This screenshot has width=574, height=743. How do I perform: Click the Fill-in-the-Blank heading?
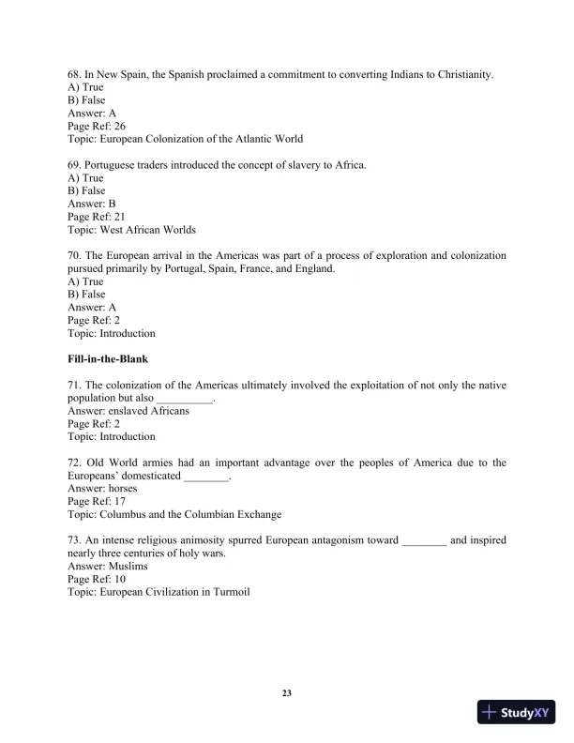tap(108, 359)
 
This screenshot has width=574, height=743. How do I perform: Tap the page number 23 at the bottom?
tap(287, 693)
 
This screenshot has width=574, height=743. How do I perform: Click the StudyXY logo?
tap(517, 712)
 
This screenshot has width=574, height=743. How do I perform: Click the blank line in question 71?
tap(185, 399)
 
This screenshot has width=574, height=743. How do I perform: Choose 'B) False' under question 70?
tap(86, 294)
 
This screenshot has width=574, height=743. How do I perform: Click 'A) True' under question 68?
tap(85, 87)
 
